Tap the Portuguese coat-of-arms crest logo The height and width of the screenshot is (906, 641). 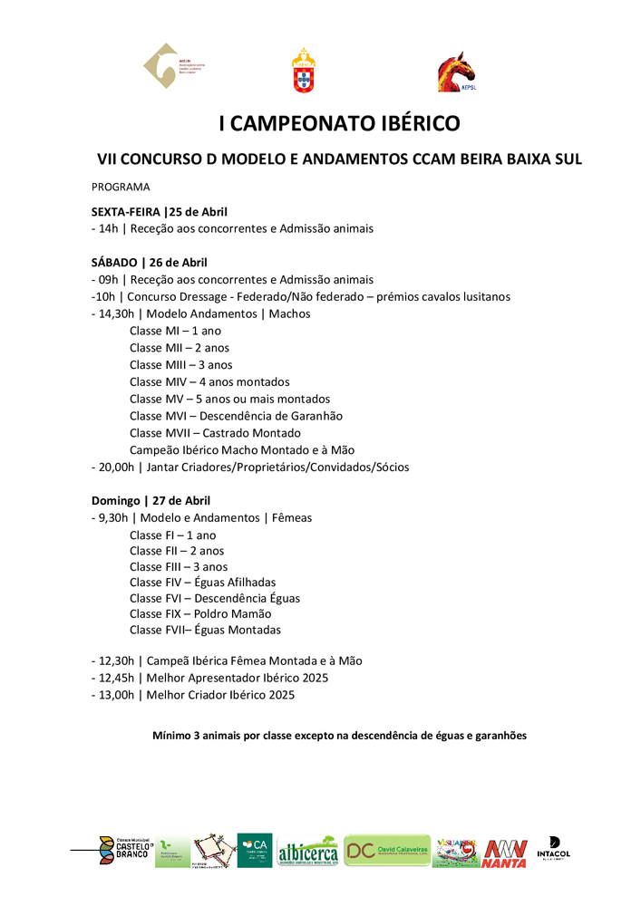[x=303, y=71]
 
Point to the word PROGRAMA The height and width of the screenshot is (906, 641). [x=121, y=187]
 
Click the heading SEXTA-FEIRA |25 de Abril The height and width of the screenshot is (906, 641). [x=160, y=212]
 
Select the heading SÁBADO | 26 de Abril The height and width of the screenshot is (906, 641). [x=150, y=263]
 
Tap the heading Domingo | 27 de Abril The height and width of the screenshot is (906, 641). [x=151, y=500]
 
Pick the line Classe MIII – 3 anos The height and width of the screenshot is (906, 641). [x=180, y=364]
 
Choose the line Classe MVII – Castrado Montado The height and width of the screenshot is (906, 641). [x=215, y=432]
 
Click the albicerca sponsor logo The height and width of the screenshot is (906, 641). [x=307, y=853]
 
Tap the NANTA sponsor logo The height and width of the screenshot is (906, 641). [x=505, y=854]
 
